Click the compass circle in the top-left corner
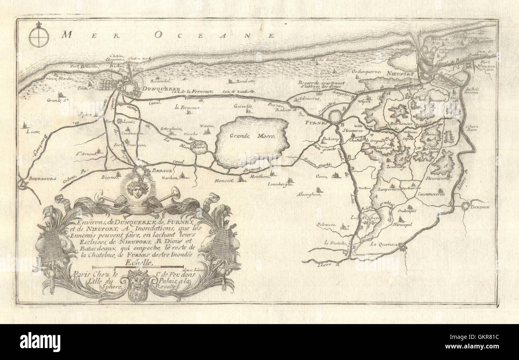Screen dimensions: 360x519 pos(38,39)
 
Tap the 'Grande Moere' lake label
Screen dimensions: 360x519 pos(252,136)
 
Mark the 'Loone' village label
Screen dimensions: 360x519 pos(30,131)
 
